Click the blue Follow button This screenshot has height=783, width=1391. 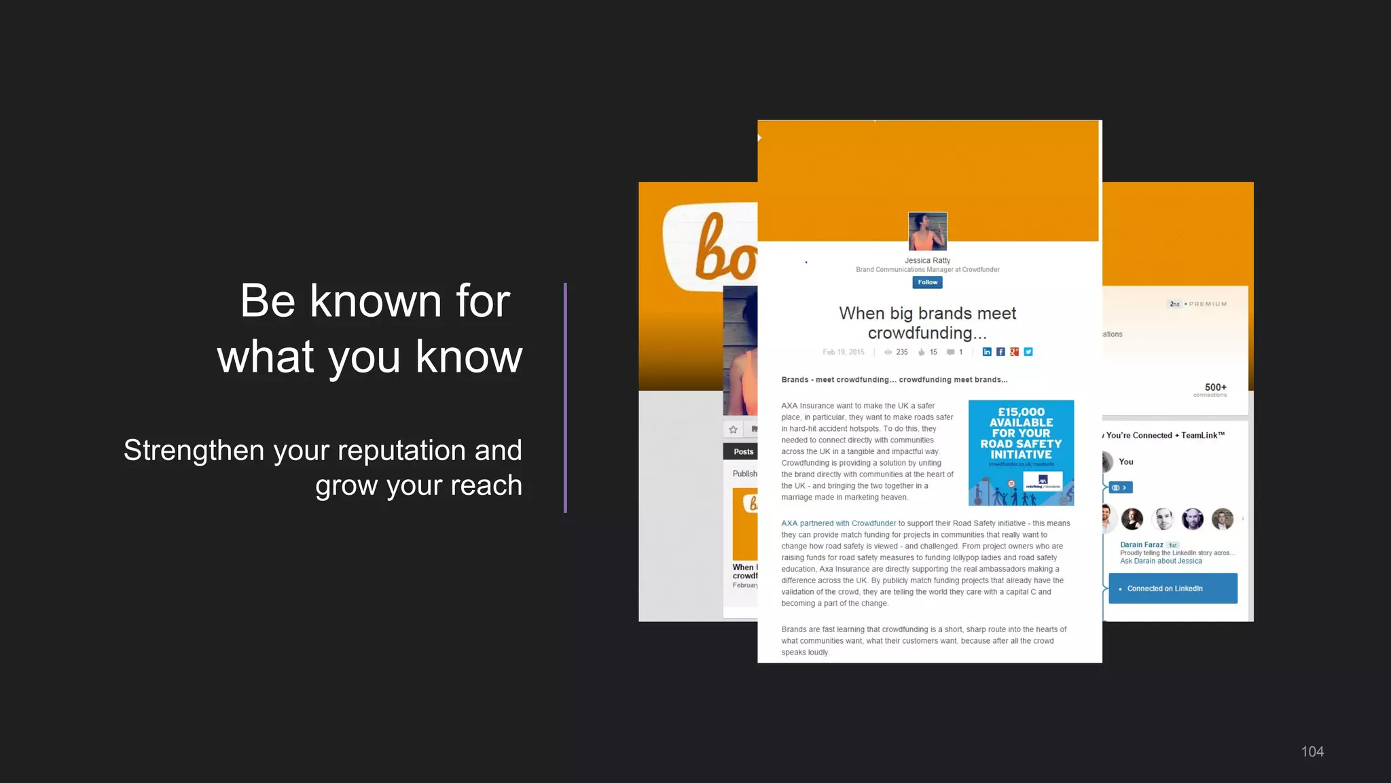pos(927,282)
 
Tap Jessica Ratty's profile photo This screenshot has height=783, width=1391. pos(927,231)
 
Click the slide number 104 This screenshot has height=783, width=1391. pos(1312,752)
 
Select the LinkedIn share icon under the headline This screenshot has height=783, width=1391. pos(987,352)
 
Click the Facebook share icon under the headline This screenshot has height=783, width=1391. pos(1000,352)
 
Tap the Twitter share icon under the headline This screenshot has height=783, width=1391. pos(1028,352)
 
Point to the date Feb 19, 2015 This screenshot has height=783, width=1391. pos(844,352)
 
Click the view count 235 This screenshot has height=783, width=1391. pos(902,352)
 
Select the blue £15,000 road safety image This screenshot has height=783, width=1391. pos(1021,453)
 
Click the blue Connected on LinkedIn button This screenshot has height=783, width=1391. pos(1173,589)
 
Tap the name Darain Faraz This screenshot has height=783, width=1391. pos(1142,544)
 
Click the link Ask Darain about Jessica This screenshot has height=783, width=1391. pos(1161,561)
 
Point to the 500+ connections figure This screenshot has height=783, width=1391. pos(1215,387)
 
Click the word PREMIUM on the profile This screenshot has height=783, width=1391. pos(1208,304)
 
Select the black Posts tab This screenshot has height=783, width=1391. pos(742,452)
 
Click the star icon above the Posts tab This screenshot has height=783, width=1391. pos(733,430)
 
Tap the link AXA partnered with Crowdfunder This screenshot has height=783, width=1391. pos(838,523)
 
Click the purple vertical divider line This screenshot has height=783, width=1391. pos(565,398)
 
